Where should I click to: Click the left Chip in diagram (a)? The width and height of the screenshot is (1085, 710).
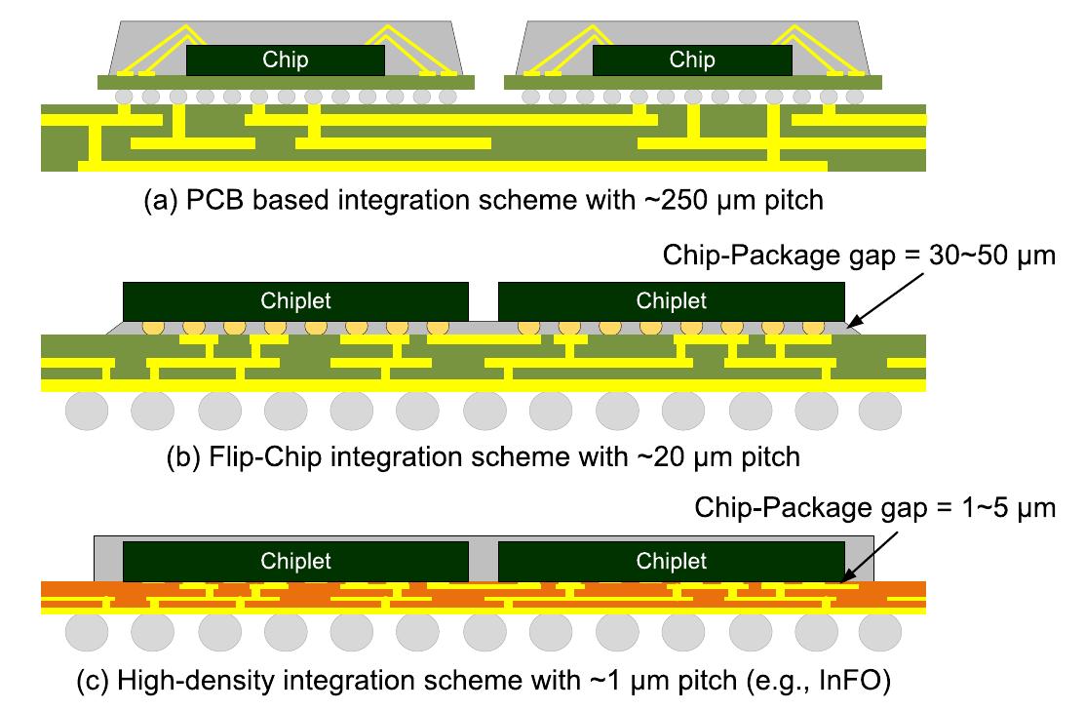point(286,59)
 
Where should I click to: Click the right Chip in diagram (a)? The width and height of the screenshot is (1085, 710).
point(692,59)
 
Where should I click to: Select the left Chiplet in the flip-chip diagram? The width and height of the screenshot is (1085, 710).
point(295,300)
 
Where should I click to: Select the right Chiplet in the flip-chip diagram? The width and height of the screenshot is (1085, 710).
point(672,300)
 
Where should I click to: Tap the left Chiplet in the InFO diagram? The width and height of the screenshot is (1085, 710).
point(295,561)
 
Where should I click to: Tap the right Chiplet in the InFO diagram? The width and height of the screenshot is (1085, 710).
point(672,561)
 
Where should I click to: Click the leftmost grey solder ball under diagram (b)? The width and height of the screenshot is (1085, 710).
point(86,412)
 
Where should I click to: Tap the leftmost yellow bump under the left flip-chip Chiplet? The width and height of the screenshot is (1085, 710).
point(152,328)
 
